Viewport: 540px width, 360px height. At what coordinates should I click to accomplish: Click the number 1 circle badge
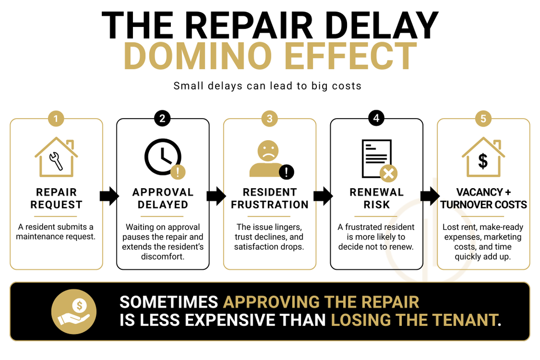click(56, 119)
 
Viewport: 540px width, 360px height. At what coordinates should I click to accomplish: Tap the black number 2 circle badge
click(162, 119)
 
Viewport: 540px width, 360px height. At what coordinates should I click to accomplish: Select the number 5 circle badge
click(483, 119)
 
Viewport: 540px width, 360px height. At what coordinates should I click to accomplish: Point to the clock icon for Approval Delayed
click(162, 157)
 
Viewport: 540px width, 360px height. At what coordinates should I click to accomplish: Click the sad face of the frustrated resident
click(268, 151)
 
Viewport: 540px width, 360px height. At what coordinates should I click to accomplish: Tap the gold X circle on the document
click(389, 173)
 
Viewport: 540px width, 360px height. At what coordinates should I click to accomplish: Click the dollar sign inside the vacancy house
click(483, 161)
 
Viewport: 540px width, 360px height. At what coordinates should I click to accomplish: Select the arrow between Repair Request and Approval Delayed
click(109, 196)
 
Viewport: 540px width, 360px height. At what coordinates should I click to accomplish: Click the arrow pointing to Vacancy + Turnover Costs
click(430, 196)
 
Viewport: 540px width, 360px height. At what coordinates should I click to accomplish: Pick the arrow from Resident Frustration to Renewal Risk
click(323, 196)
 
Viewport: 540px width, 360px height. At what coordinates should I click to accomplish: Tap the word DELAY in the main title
click(382, 25)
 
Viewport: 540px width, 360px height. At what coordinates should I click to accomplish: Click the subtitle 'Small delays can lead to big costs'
click(267, 86)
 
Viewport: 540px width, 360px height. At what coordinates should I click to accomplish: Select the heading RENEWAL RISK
click(377, 198)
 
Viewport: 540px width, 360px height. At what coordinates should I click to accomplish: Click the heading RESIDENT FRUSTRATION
click(269, 198)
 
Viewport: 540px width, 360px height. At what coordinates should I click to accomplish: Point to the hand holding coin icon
click(74, 312)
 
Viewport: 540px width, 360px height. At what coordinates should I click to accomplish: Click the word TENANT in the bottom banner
click(465, 320)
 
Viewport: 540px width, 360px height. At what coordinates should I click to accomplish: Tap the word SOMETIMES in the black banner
click(169, 302)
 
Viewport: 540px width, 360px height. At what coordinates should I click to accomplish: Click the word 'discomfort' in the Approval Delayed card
click(162, 256)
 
